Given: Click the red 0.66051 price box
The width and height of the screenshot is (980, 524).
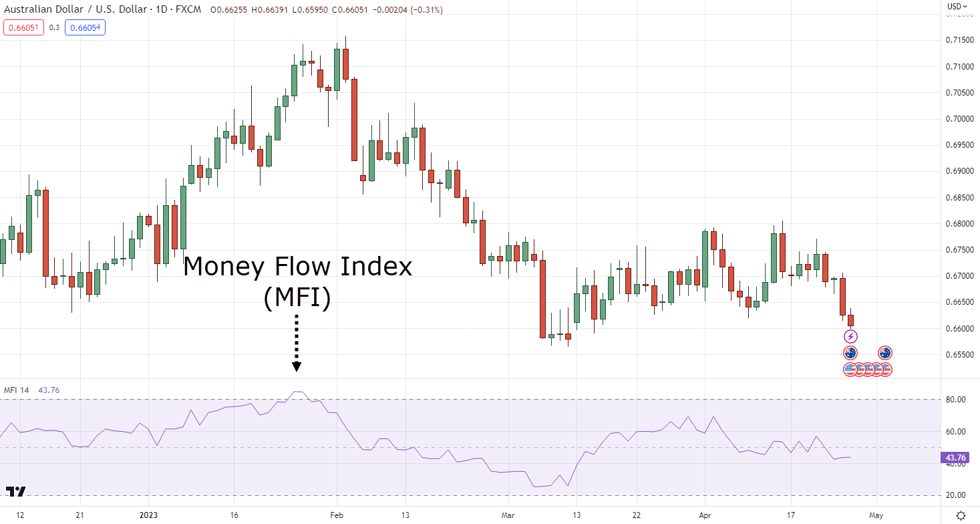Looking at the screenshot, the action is click(x=23, y=27).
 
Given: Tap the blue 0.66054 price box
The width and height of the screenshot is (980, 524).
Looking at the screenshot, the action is click(x=86, y=27).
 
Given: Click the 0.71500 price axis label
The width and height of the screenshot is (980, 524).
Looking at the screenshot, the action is click(x=960, y=40).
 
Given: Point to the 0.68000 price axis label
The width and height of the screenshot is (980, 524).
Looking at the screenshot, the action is click(x=960, y=224).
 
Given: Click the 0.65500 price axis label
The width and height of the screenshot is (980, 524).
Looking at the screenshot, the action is click(x=960, y=355).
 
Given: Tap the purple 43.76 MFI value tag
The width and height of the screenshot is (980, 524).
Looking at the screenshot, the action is click(x=955, y=458).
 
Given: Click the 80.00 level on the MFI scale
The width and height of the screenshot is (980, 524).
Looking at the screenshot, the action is click(x=955, y=400).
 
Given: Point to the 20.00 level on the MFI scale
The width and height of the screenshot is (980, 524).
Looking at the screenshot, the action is click(x=955, y=495).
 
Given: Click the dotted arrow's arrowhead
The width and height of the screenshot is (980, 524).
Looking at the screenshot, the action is click(x=297, y=367).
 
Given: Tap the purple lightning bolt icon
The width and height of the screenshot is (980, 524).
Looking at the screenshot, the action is click(x=850, y=337).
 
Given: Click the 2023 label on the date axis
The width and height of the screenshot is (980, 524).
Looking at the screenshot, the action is click(x=148, y=515).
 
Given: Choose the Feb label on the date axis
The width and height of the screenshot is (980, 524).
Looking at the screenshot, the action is click(x=337, y=515).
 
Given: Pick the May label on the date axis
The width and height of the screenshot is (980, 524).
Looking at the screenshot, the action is click(x=876, y=515).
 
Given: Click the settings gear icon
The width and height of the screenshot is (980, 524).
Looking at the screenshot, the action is click(x=961, y=515).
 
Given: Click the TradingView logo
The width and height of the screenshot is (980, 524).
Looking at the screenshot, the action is click(x=16, y=491).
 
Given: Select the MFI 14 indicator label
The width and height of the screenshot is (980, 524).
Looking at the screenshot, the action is click(x=16, y=390).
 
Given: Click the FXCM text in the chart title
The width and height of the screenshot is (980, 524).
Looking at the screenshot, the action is click(x=188, y=9).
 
